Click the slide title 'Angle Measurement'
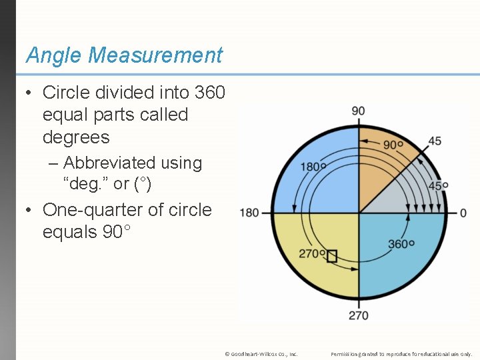pos(124,55)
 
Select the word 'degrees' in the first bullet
pos(76,137)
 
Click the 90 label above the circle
pos(358,111)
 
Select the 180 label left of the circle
pos(249,213)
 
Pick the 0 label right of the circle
pos(463,213)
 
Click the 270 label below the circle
pos(359,315)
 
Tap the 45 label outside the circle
pos(434,141)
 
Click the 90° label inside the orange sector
pos(393,144)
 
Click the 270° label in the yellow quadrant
pos(312,253)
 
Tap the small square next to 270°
pos(332,255)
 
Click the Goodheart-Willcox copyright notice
pos(261,353)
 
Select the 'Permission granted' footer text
pos(401,353)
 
